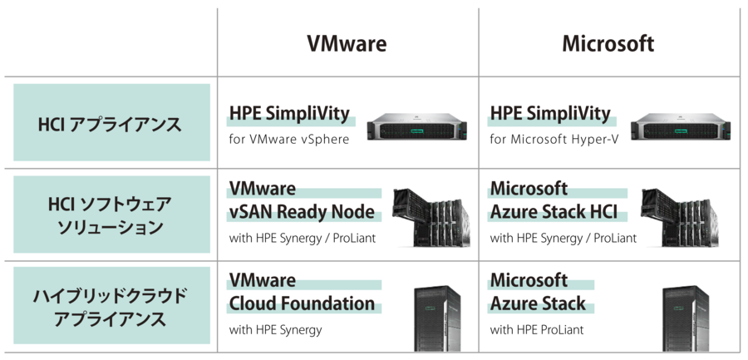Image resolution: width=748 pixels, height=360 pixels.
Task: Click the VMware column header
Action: point(347,44)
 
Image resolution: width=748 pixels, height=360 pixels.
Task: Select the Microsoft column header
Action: point(608,44)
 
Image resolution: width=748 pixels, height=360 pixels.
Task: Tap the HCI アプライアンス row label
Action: point(110,125)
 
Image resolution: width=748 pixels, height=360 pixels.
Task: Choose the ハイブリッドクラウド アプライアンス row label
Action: point(110,308)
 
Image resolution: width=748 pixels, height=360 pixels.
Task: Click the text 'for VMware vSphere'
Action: point(289,140)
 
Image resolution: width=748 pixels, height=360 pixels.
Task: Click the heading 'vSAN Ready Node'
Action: point(302,211)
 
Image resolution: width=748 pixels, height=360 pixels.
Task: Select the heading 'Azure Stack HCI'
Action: point(554,211)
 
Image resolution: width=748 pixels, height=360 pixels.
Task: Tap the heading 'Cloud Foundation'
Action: point(302,303)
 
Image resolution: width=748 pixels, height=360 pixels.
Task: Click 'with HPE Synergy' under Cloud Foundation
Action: point(275,330)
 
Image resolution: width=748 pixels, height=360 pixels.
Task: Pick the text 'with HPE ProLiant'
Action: point(537,330)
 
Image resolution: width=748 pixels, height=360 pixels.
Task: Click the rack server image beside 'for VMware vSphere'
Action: point(417,126)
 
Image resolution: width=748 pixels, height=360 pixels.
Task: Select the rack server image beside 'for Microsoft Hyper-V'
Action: point(681,126)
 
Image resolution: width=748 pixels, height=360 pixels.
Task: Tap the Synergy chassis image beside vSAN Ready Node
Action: point(431,218)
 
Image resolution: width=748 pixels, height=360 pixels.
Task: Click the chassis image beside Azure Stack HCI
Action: point(681,218)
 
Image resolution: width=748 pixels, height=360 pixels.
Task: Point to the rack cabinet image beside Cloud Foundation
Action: point(437,318)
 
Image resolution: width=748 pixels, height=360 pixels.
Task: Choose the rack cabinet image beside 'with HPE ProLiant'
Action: point(686,318)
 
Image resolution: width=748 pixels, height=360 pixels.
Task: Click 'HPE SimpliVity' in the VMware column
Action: point(289,114)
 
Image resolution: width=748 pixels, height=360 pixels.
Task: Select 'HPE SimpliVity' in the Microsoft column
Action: point(550,114)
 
